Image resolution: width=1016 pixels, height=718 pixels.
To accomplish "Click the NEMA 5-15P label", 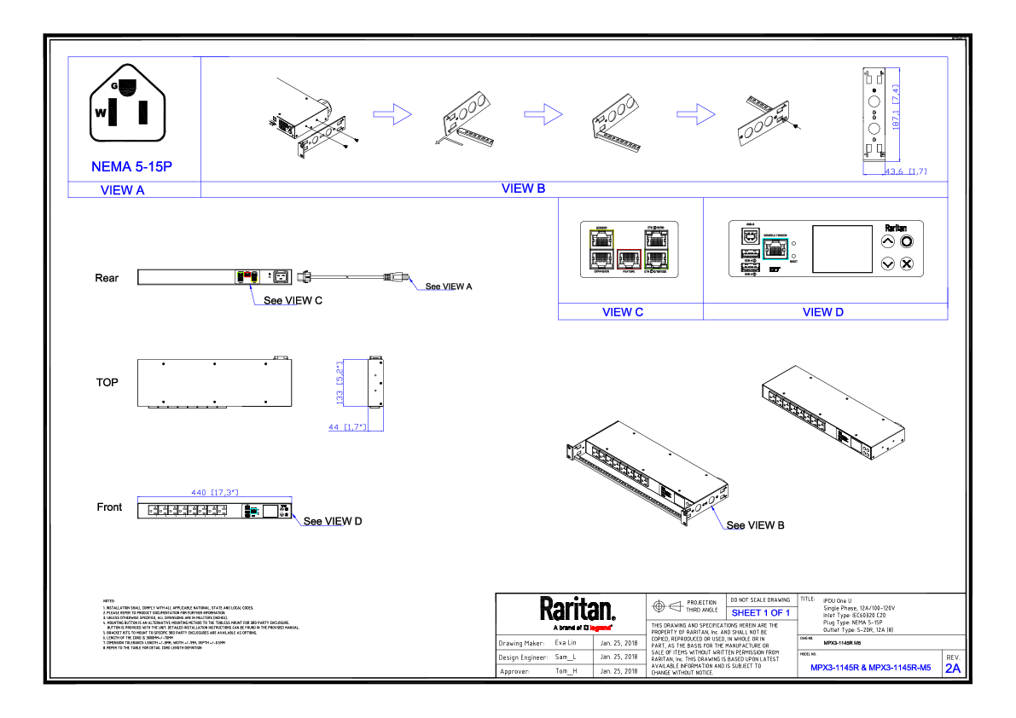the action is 131,166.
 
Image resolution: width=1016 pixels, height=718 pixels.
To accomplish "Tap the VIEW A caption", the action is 122,190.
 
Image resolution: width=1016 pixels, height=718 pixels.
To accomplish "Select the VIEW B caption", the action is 523,188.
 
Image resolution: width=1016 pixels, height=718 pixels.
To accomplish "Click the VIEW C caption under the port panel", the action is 622,312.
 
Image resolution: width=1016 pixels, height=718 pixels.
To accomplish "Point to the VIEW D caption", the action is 822,312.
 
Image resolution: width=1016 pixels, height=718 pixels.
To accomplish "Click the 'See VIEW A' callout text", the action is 449,287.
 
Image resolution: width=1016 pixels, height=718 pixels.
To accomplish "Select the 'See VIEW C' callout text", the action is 293,300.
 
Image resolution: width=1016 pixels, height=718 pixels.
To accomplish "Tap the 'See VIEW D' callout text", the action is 333,521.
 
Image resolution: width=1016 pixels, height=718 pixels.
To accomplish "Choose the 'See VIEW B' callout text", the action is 755,525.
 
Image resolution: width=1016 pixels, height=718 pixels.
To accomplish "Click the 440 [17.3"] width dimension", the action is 213,492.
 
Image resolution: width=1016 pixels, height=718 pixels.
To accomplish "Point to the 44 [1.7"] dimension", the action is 346,426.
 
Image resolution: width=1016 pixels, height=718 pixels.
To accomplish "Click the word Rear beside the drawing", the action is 107,278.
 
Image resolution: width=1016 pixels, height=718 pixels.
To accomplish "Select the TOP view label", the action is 107,382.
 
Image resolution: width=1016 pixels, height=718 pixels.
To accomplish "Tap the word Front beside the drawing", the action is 109,507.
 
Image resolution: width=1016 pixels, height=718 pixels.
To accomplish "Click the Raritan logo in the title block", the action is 577,610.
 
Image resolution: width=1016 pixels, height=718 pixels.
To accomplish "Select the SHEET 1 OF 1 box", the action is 760,613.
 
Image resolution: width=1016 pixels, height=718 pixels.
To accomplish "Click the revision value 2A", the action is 952,669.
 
